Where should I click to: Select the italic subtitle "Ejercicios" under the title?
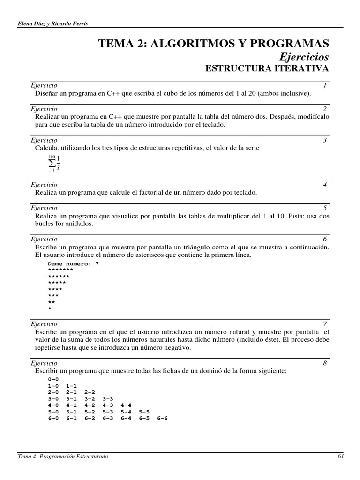304,57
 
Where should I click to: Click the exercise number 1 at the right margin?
324,85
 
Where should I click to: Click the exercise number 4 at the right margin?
324,185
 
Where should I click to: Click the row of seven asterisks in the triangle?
60,270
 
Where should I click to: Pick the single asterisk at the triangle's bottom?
50,309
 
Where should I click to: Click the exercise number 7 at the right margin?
324,324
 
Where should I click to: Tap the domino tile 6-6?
162,418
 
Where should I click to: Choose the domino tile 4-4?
126,405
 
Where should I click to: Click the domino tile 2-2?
90,392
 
